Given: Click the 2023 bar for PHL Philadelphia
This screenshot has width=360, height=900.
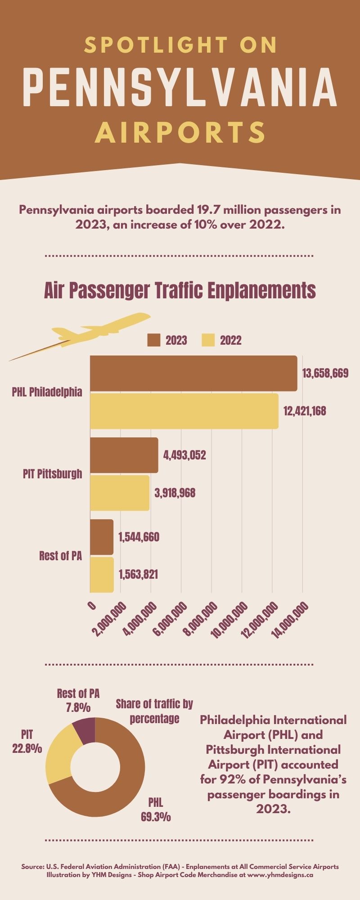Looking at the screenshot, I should [x=193, y=373].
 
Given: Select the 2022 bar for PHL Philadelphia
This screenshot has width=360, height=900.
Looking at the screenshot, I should [x=184, y=411].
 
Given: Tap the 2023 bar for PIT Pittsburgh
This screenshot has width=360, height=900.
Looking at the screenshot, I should [x=124, y=455].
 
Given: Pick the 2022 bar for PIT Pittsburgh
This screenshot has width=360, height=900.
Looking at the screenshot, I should [x=120, y=493].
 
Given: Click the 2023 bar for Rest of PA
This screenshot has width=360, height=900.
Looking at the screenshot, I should [x=102, y=537].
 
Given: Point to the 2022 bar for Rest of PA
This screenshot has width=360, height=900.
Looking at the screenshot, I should [x=102, y=575].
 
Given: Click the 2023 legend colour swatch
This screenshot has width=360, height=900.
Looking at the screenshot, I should [x=154, y=340].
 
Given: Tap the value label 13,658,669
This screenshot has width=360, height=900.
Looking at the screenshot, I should [x=325, y=373].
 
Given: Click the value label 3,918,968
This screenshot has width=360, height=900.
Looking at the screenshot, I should [x=175, y=493].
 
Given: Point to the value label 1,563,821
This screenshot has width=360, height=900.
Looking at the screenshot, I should [x=138, y=575].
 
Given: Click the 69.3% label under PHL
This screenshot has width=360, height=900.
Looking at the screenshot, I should [x=156, y=817].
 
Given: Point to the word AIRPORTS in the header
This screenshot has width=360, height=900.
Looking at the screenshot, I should [x=180, y=132].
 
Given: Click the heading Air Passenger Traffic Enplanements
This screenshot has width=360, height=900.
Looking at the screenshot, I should [x=180, y=290].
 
